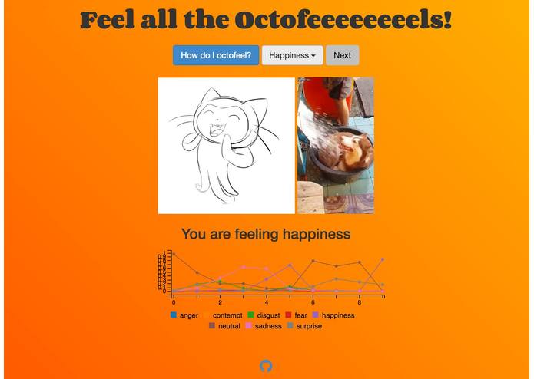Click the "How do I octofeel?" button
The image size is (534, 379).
(x=215, y=55)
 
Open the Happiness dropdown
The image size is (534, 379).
(x=292, y=55)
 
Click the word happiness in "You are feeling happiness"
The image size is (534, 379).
(x=316, y=233)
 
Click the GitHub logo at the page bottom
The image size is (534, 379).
(x=266, y=366)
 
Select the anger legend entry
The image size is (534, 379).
(x=188, y=315)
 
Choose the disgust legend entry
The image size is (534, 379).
(x=268, y=315)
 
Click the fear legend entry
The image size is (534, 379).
(x=300, y=315)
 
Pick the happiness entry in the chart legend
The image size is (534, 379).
(x=337, y=315)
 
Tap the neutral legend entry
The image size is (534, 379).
(x=229, y=326)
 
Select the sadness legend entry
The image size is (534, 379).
(x=268, y=326)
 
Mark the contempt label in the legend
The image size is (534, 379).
(x=227, y=315)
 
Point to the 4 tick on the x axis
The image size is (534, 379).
(x=267, y=302)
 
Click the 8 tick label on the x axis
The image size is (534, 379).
(x=360, y=302)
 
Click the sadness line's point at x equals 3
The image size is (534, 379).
(x=244, y=267)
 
